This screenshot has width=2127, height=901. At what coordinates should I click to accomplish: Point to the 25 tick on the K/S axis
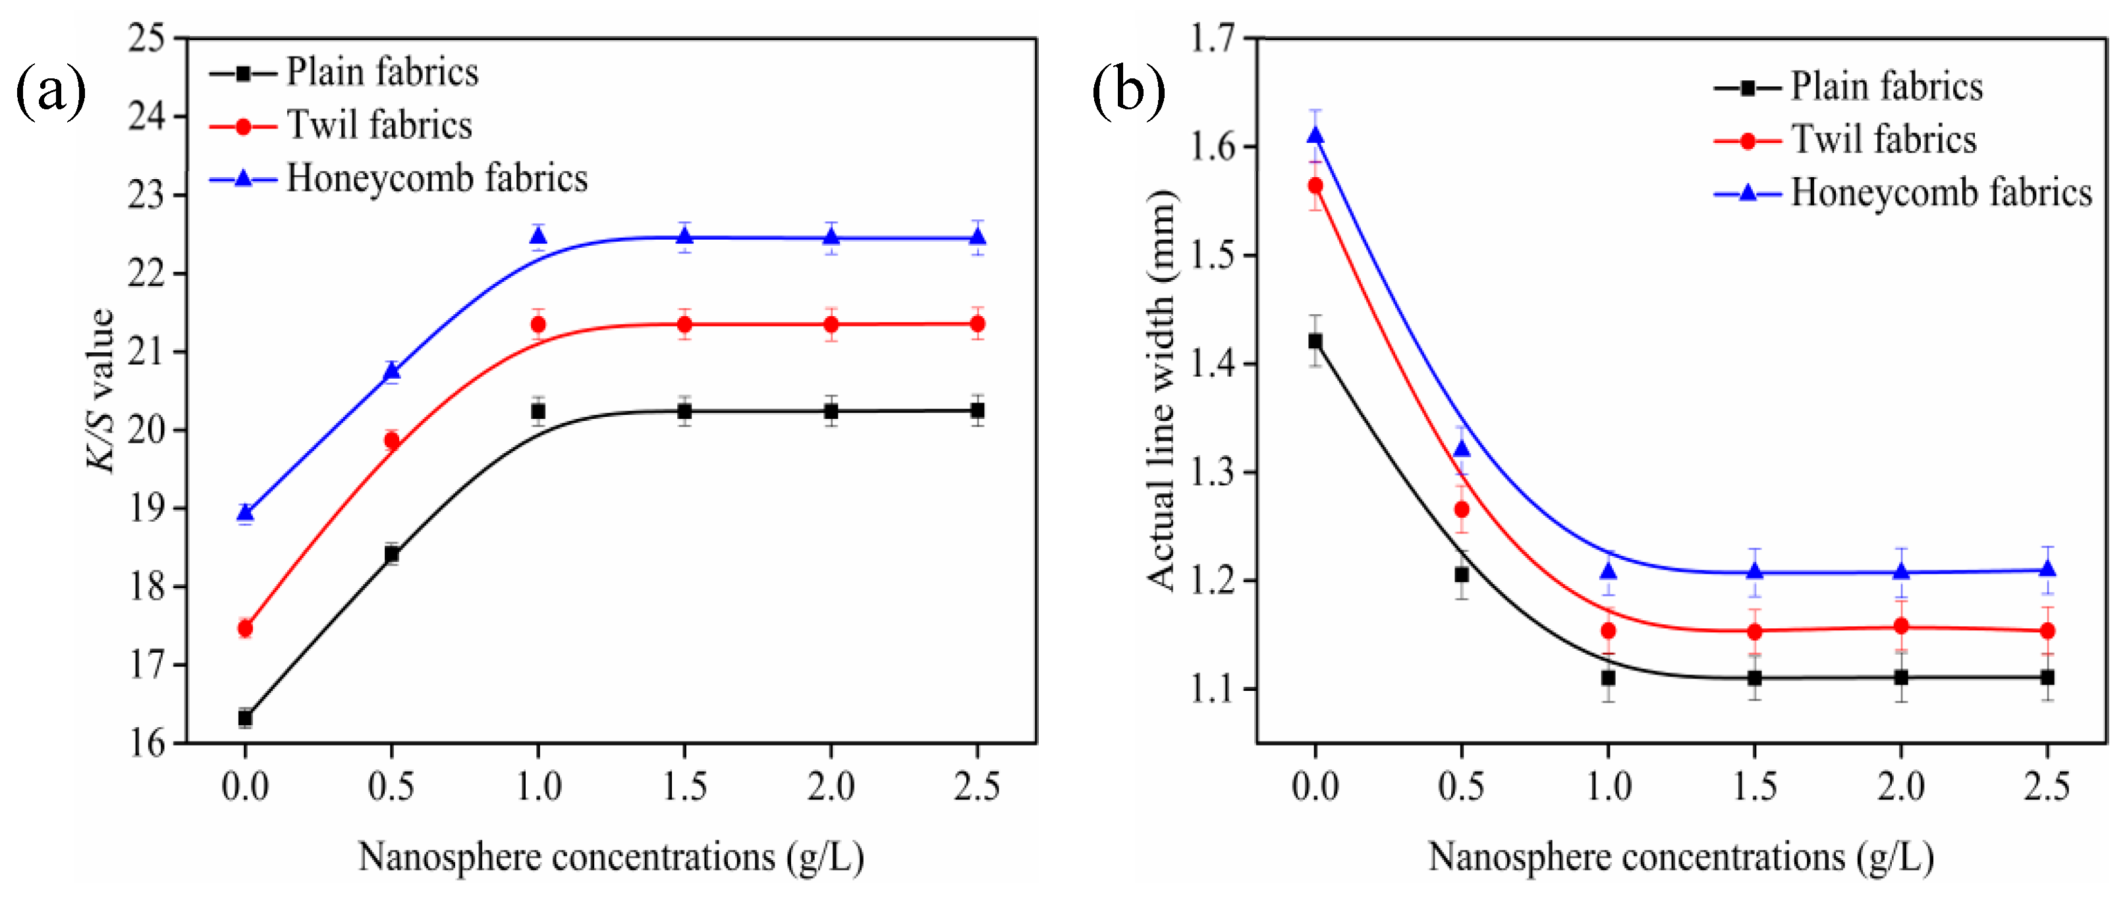pos(146,39)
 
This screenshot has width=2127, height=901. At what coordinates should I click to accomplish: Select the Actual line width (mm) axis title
pos(1161,390)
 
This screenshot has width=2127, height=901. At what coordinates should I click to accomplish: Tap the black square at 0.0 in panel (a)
pos(245,718)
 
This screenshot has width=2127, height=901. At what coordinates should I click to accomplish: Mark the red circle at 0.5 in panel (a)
pos(392,441)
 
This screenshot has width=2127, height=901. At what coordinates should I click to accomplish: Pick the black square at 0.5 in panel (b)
pos(1462,574)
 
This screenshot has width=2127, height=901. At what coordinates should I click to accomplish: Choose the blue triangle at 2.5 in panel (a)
pos(978,238)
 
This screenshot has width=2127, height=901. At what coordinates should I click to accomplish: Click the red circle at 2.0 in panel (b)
pos(1901,626)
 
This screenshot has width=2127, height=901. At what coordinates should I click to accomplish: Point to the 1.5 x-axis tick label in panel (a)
pos(684,786)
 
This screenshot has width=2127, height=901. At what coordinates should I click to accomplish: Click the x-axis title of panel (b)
pos(1680,858)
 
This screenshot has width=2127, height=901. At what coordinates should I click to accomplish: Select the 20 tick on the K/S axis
pos(146,430)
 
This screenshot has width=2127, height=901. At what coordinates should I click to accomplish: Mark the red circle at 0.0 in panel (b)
pos(1315,186)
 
